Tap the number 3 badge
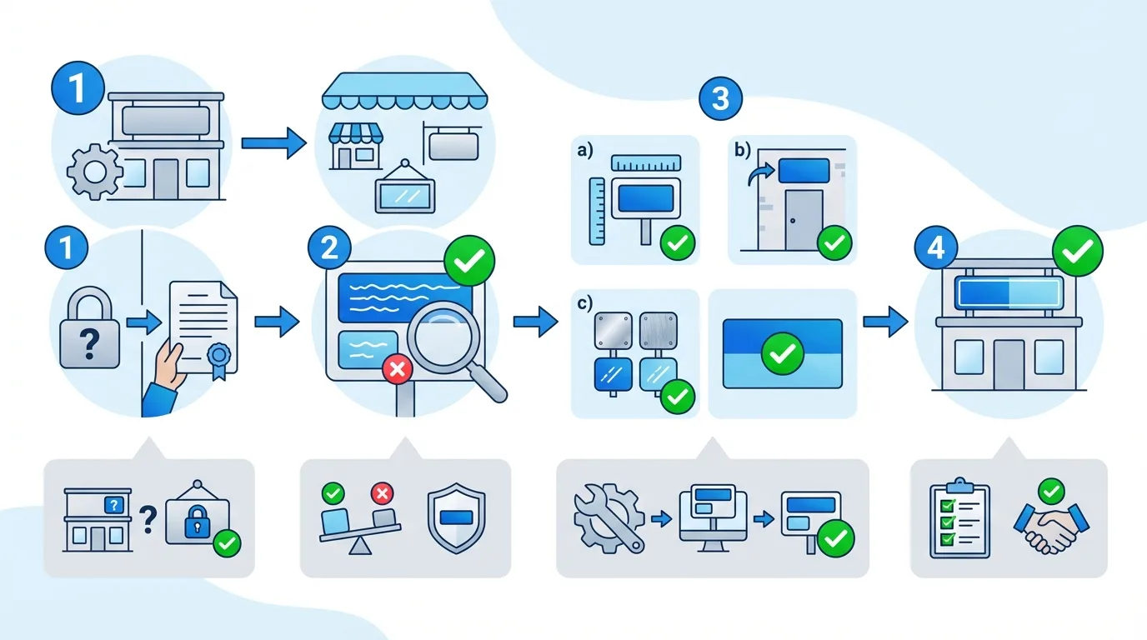click(720, 98)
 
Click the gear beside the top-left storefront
click(93, 172)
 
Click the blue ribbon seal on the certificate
click(218, 359)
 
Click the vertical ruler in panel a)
click(597, 210)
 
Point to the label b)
click(741, 151)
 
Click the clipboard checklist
click(959, 517)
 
